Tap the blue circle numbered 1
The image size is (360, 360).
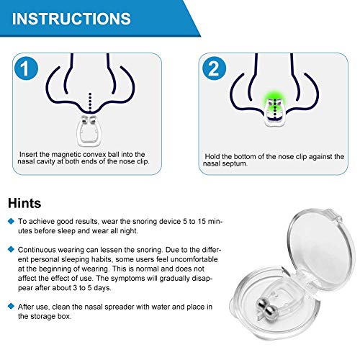click(25, 70)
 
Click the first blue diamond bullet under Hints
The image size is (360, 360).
click(11, 222)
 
